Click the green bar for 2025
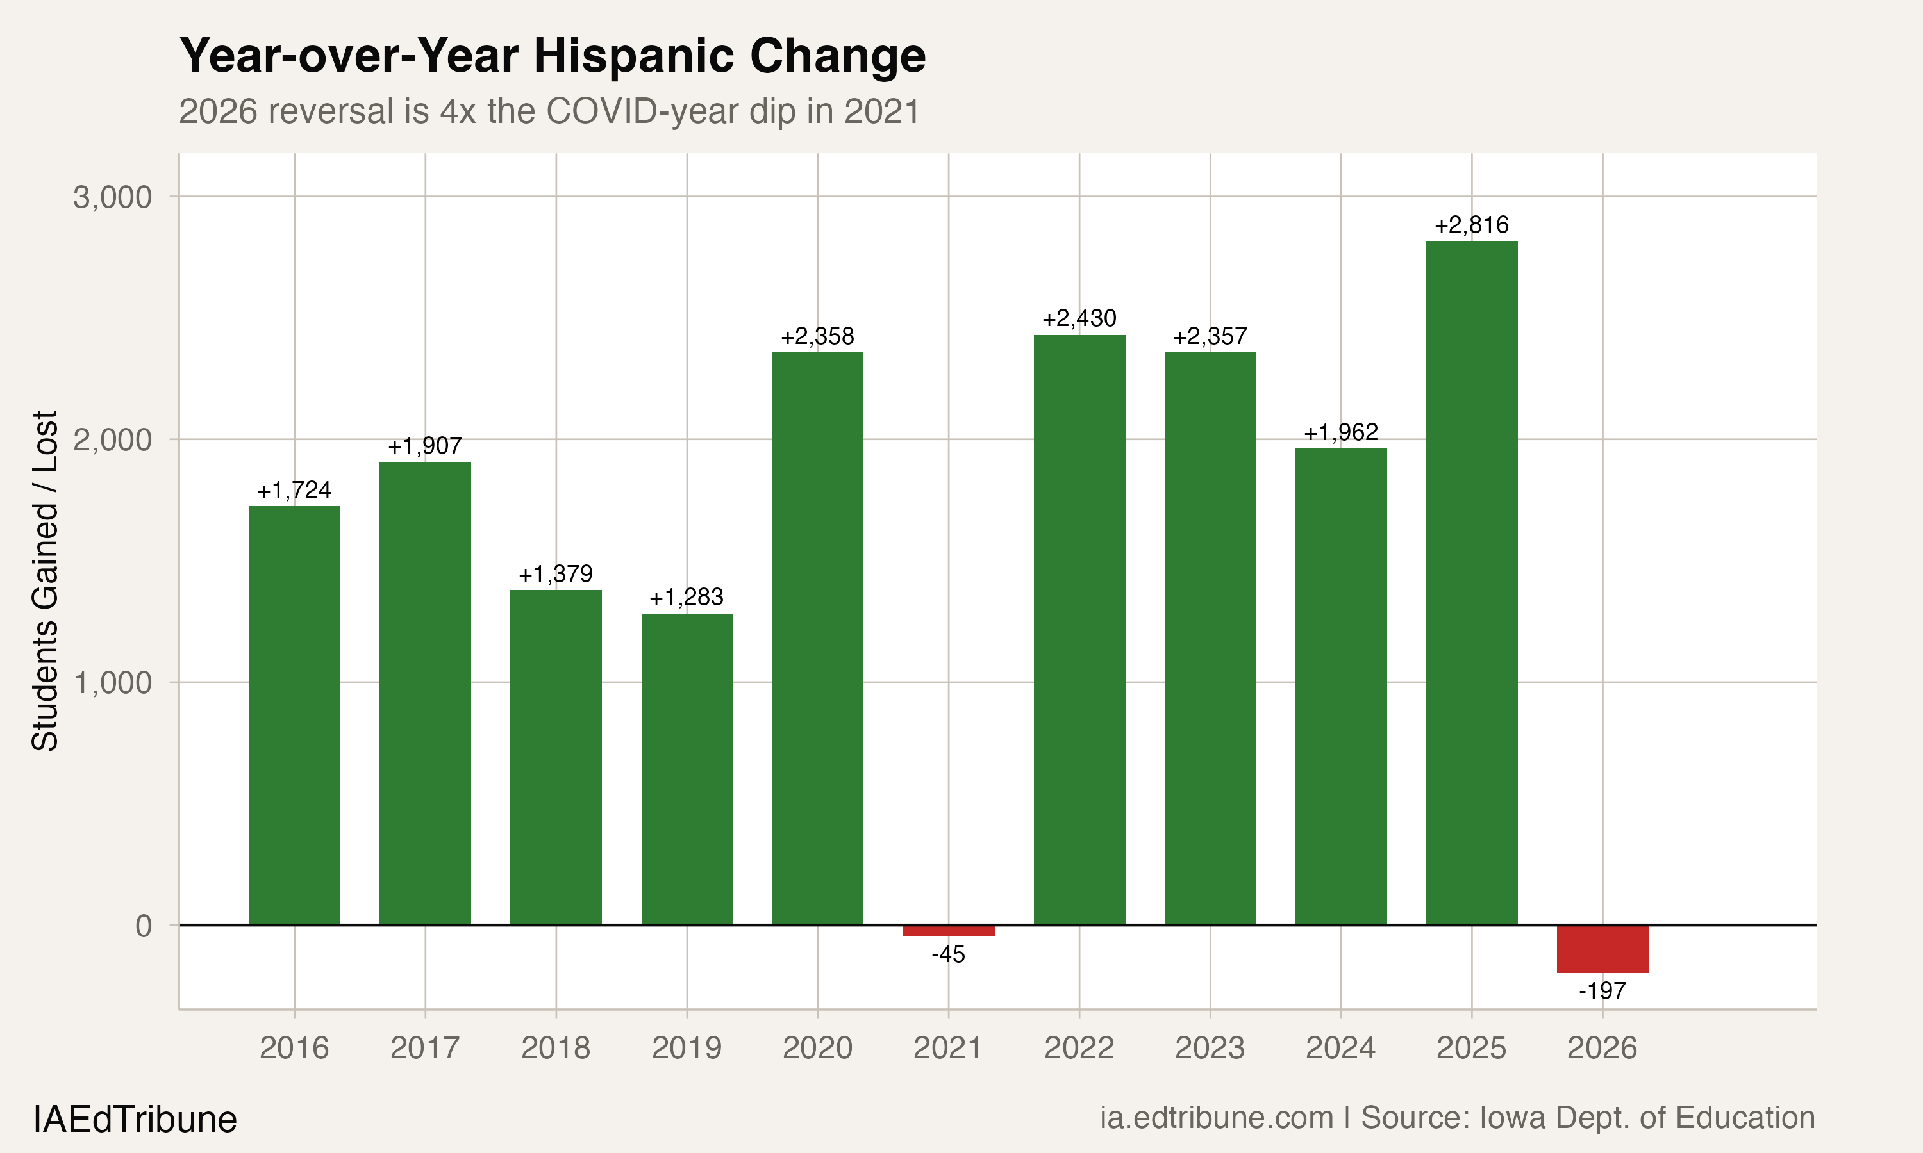(x=1471, y=583)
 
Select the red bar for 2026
(x=1602, y=949)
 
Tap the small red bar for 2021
(x=948, y=931)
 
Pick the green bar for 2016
(x=294, y=715)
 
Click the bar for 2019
(x=687, y=769)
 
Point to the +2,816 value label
(x=1471, y=225)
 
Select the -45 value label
(x=948, y=955)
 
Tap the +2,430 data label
(x=1079, y=318)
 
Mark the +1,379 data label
(x=556, y=574)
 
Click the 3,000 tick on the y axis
(x=113, y=197)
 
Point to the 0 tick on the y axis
(x=144, y=926)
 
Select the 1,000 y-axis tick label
(x=113, y=683)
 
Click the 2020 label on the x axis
(x=817, y=1048)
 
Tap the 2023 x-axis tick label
(x=1210, y=1048)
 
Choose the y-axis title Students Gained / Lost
(x=45, y=581)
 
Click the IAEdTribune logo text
(x=135, y=1120)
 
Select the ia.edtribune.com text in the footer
(x=1217, y=1118)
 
